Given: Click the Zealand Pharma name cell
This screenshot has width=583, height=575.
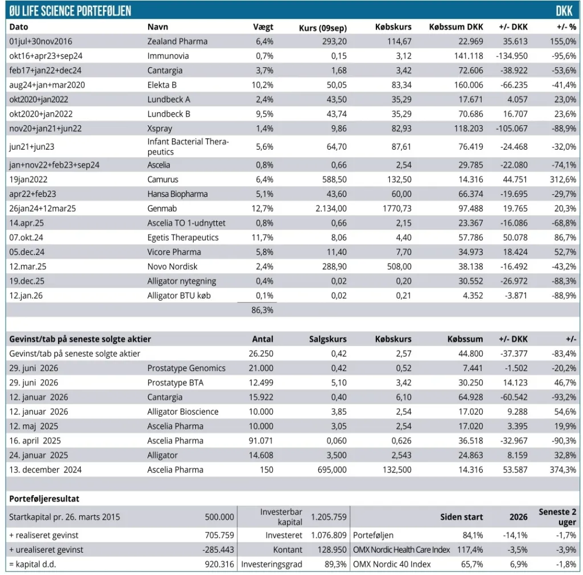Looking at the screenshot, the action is pos(177,41).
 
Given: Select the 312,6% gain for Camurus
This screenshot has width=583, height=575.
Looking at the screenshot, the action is pos(563,179).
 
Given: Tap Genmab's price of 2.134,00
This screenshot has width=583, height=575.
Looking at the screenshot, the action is pos(331,208).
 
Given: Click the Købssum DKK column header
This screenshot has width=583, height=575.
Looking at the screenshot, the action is pos(456,27).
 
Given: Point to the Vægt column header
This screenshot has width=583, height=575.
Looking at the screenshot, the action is pos(263,27).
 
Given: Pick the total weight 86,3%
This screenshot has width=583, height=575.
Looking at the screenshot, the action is pos(262,310).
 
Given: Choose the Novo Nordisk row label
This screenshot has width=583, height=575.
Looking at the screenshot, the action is pos(172,266).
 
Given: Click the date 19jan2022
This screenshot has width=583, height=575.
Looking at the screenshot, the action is pos(28,179).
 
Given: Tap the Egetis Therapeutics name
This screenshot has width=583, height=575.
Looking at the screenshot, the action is pos(183,237).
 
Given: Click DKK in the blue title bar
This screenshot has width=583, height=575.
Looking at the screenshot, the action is pos(564,11).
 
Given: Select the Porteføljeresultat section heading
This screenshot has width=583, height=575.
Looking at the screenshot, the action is pos(44,499).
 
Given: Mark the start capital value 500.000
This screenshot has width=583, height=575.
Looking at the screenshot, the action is pos(219,517).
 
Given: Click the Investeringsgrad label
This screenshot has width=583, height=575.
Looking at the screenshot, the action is pos(272,564).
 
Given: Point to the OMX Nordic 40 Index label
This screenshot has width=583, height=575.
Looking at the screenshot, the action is pos(392,564).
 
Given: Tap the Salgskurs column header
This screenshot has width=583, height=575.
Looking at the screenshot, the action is pos(327,339).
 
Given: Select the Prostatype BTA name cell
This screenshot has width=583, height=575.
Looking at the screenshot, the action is pos(175,383).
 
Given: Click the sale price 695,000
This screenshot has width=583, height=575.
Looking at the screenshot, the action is pos(332,470).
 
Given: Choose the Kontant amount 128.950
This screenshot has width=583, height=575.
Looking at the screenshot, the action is pos(332,550).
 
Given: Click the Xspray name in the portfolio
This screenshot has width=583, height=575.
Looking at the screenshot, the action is pos(159,129).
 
